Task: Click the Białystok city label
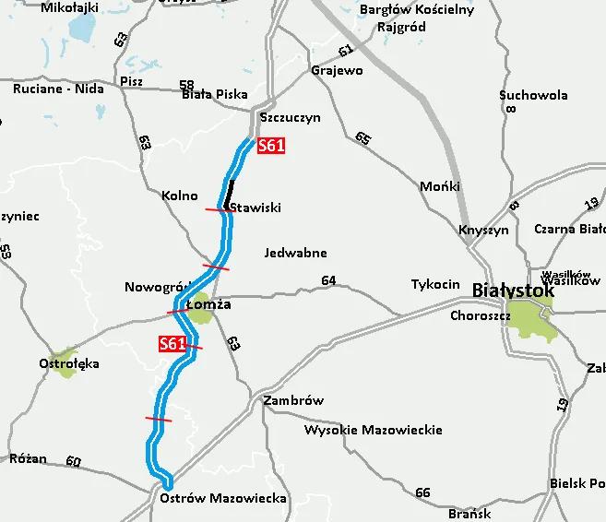pos(513,291)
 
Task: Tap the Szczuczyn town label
pos(290,118)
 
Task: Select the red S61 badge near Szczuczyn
pos(271,145)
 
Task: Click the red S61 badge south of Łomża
pos(172,344)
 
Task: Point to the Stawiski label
pos(256,208)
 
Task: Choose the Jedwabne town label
pos(295,253)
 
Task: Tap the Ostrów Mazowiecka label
pos(223,498)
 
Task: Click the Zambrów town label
pos(293,401)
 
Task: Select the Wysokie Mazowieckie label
pos(373,430)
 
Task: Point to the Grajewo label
pos(337,70)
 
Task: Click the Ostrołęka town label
pos(69,364)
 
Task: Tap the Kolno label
pos(180,196)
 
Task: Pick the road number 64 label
pos(328,280)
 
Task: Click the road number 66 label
pos(422,492)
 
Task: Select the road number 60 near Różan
pos(74,461)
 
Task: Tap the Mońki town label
pos(439,186)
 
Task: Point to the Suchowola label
pos(533,95)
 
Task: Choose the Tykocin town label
pos(435,284)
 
